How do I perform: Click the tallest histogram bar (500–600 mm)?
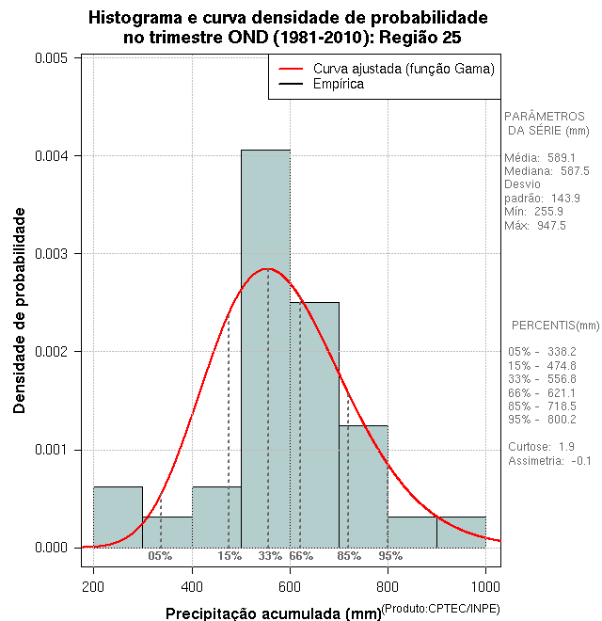[265, 348]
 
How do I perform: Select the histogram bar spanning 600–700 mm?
[314, 424]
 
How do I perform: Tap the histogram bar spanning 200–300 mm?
[118, 517]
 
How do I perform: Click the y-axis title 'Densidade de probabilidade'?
[20, 311]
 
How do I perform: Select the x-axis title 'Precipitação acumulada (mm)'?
[273, 613]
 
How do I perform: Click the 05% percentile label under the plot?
[160, 556]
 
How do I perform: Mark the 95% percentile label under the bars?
[390, 556]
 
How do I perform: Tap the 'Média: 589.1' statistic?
[540, 158]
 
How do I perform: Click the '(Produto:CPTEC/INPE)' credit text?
[439, 610]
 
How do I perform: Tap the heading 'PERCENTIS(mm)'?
[555, 326]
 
